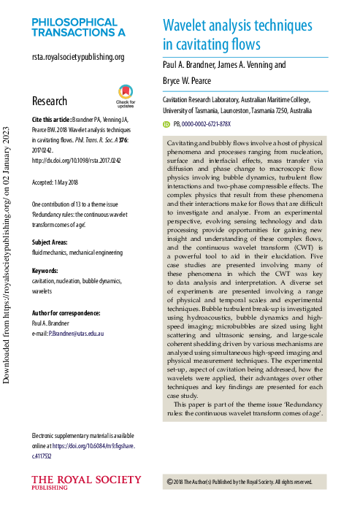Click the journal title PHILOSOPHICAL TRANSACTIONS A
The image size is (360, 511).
point(78,27)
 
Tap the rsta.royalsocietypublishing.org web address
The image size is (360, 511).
point(78,56)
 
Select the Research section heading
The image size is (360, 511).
point(50,101)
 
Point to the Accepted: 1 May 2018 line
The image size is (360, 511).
point(64,181)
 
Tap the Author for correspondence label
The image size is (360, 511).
point(66,312)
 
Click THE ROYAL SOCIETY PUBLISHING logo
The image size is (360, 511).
point(86,483)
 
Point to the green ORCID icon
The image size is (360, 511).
point(166,125)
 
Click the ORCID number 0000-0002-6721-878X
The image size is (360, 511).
point(212,125)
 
